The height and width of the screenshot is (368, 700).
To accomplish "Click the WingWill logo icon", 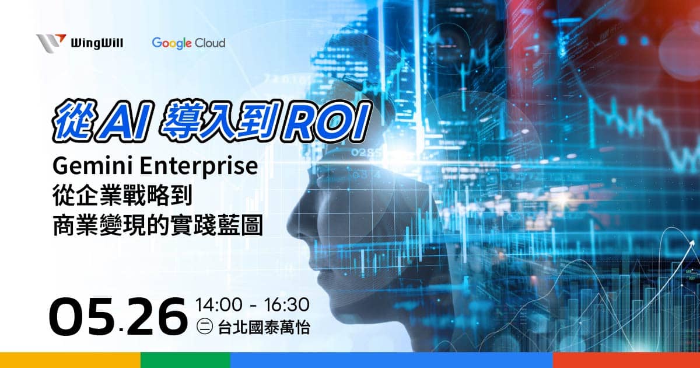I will [51, 43].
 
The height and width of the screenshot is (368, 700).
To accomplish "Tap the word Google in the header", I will [172, 43].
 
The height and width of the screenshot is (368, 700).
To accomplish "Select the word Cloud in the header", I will [211, 43].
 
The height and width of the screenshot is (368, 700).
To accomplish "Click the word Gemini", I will [87, 167].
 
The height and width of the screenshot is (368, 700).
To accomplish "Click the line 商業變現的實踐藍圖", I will [157, 226].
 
